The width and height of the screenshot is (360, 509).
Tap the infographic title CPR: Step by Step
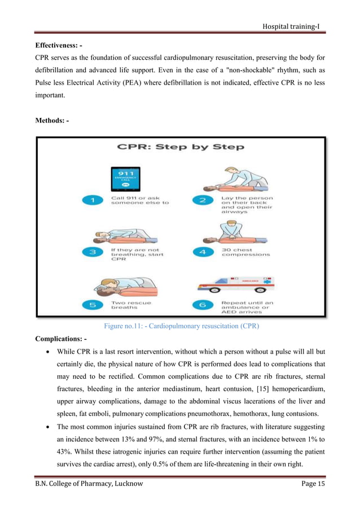tap(180, 147)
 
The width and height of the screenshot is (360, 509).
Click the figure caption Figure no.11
tap(181, 326)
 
